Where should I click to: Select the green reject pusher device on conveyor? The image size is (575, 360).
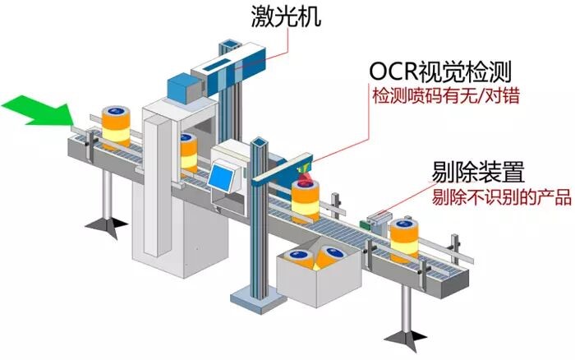pos(379,220)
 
